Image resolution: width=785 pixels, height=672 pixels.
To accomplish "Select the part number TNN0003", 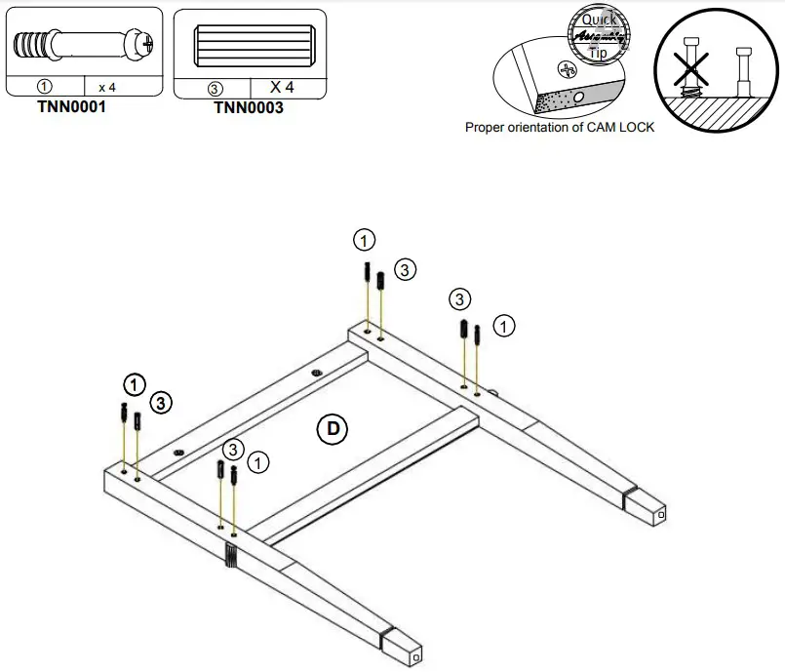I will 249,108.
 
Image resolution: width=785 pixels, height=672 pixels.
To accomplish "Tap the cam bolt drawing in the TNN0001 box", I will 82,45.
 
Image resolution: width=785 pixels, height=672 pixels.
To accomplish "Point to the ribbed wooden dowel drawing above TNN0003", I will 248,45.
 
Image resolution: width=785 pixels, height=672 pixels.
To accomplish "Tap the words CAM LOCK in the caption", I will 621,127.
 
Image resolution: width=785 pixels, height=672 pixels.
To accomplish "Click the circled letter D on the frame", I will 333,427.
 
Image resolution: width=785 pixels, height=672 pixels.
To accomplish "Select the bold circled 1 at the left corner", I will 135,382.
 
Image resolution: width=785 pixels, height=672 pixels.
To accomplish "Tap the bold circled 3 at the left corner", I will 161,401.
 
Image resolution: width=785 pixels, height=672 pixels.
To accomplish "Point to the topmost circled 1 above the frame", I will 364,240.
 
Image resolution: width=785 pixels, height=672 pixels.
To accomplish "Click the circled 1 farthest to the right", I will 503,326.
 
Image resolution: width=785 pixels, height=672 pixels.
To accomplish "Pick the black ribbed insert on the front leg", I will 231,555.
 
